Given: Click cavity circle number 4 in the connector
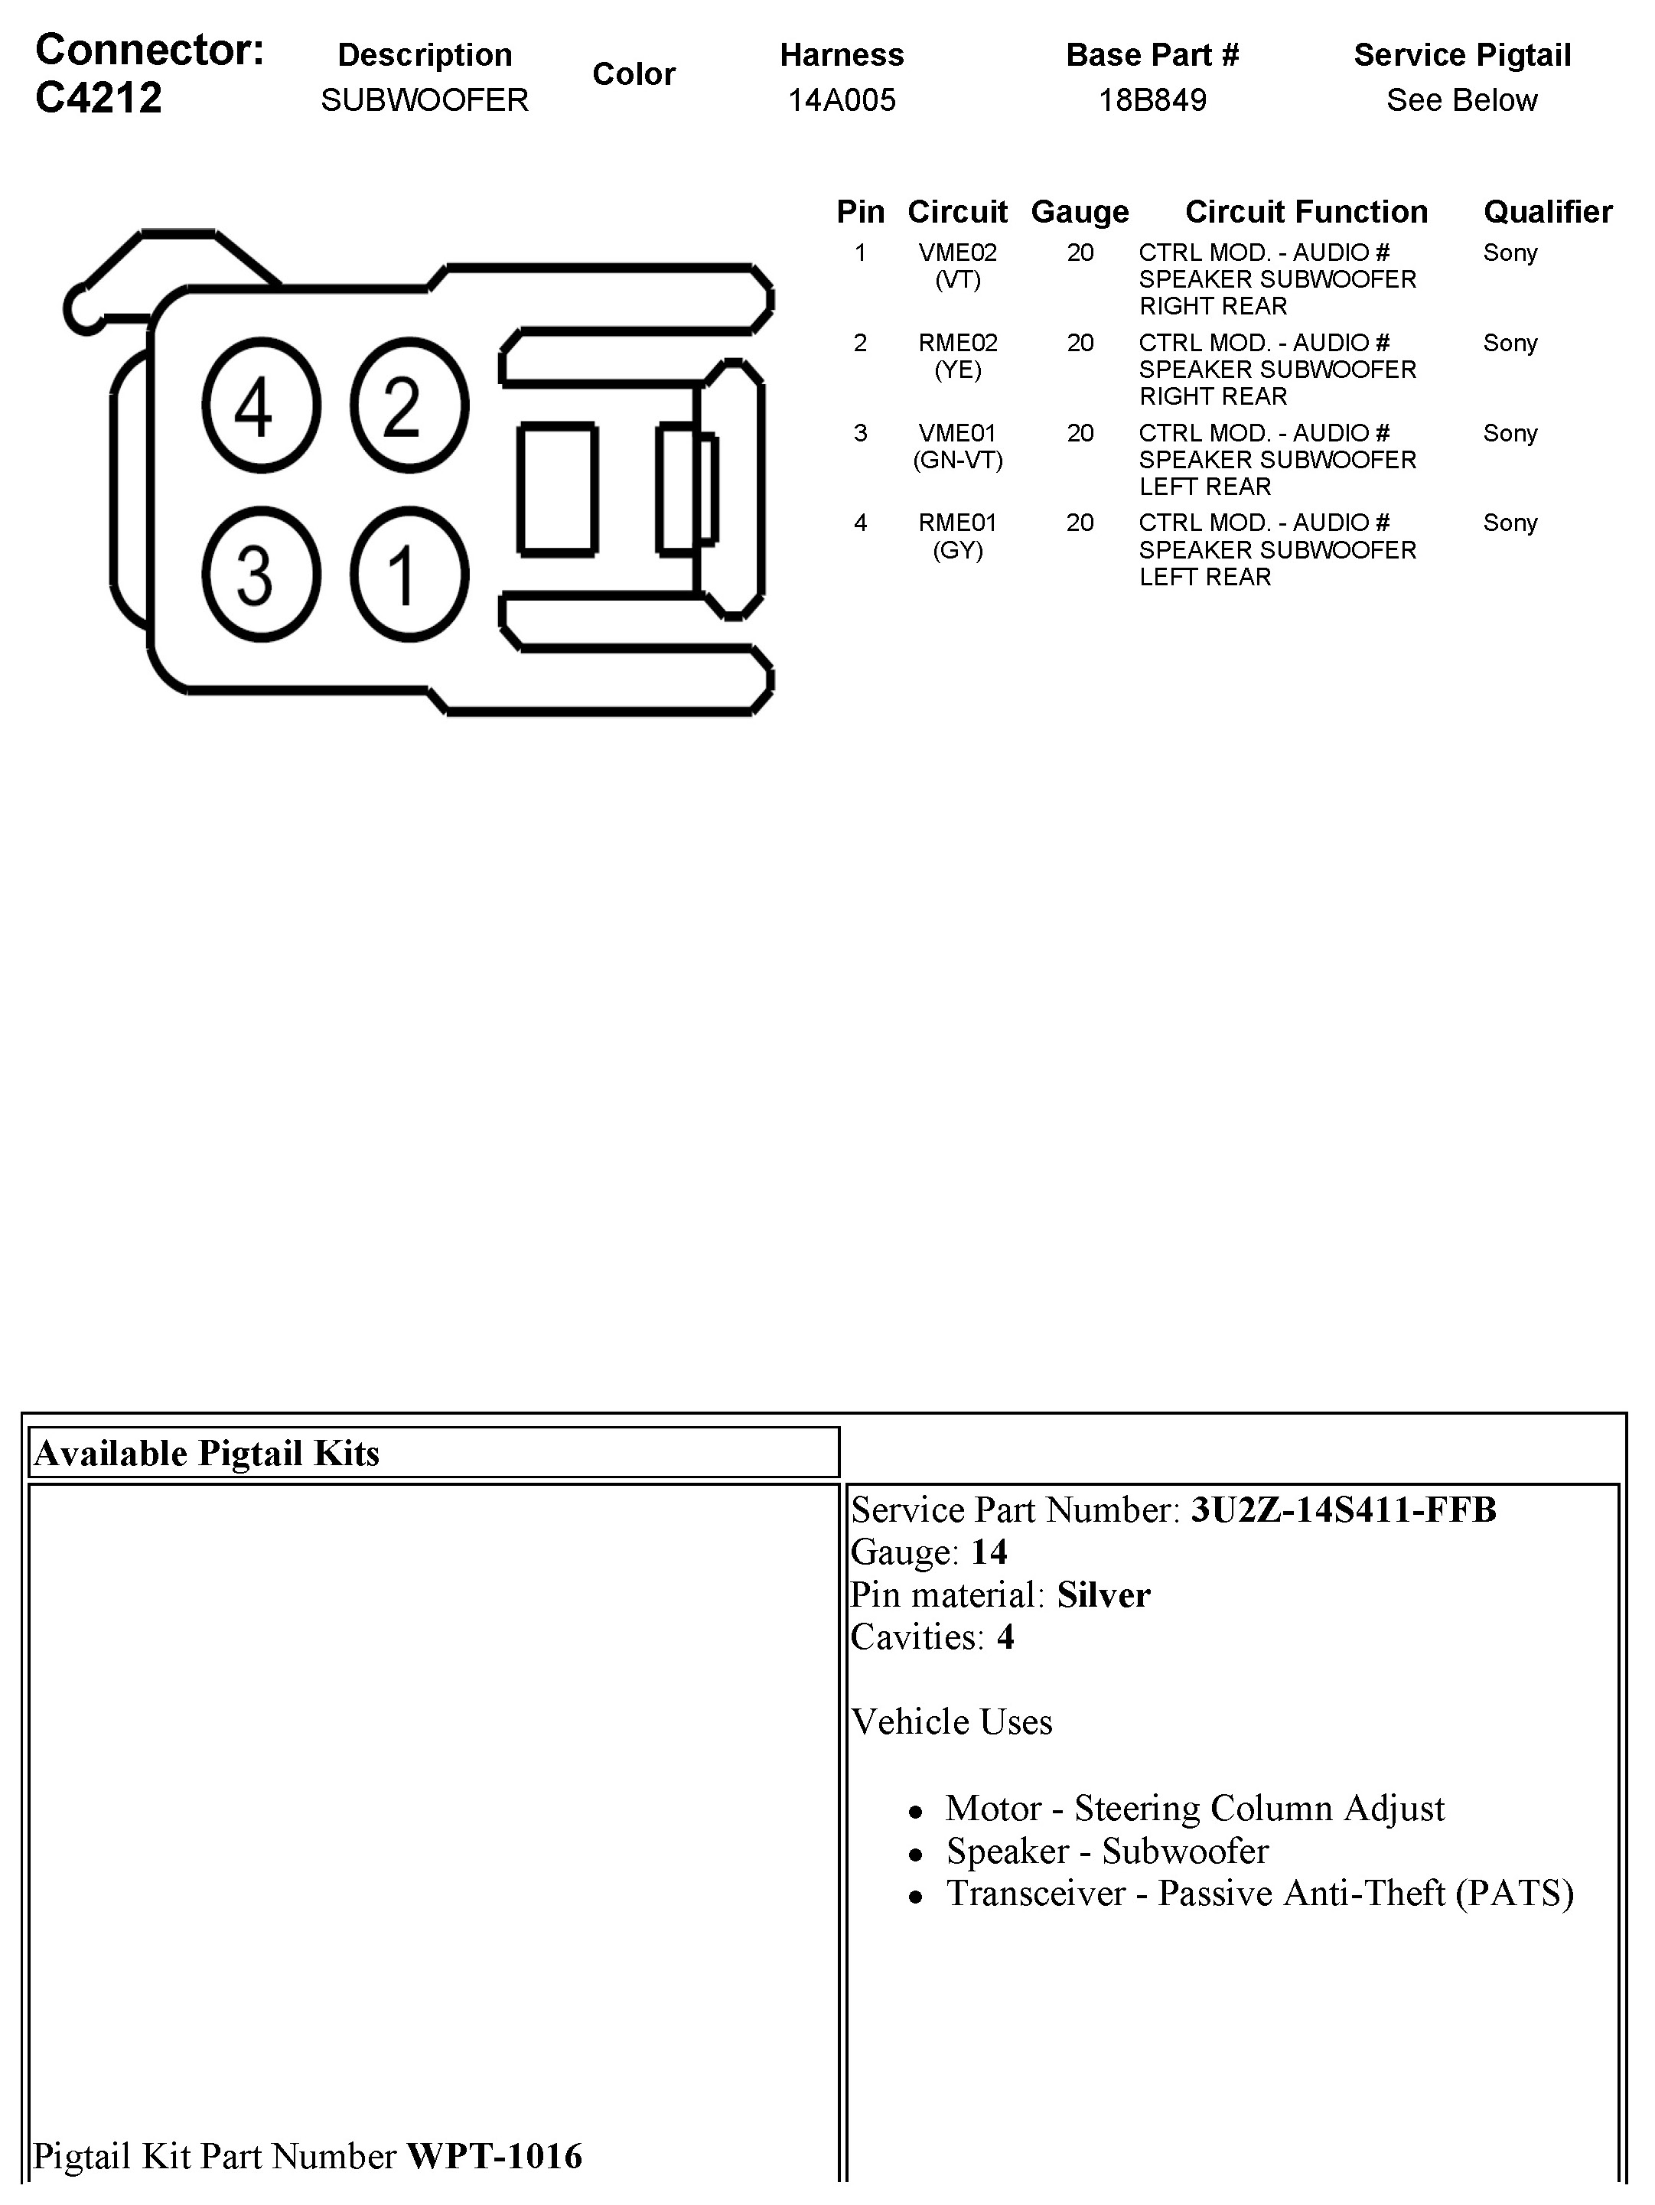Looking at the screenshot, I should click(x=261, y=405).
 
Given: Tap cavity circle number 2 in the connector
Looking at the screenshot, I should click(x=409, y=405).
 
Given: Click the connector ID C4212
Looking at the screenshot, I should click(x=99, y=98).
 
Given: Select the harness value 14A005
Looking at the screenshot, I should click(x=842, y=99).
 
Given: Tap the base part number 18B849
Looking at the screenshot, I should click(x=1152, y=99).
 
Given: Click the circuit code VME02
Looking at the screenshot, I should click(x=957, y=253).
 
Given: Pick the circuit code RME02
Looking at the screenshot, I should click(x=957, y=343).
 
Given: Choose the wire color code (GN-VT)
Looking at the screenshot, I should click(x=957, y=461).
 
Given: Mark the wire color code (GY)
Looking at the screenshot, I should click(x=957, y=550).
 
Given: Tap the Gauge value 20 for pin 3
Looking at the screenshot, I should click(x=1080, y=434).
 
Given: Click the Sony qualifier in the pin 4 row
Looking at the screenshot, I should click(x=1510, y=523).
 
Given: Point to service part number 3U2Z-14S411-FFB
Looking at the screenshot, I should click(x=1343, y=1510).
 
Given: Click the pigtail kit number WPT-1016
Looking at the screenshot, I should click(x=494, y=2156).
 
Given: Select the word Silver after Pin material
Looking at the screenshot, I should click(x=1103, y=1595).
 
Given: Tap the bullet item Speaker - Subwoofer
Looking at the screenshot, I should click(x=1106, y=1851).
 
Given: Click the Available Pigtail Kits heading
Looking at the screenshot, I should click(x=207, y=1454).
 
